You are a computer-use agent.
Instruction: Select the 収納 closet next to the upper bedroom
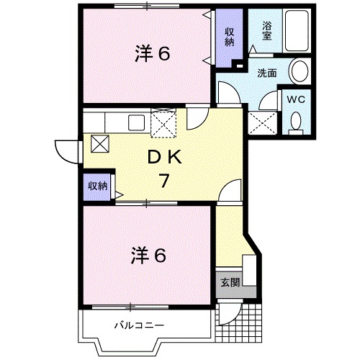coord(229,37)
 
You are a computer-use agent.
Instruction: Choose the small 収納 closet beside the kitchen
coord(97,186)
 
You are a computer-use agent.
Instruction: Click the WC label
coord(296,99)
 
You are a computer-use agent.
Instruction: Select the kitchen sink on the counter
coord(135,122)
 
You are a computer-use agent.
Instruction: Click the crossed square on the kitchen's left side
coord(100,143)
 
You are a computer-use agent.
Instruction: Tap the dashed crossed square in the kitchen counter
coord(164,124)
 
